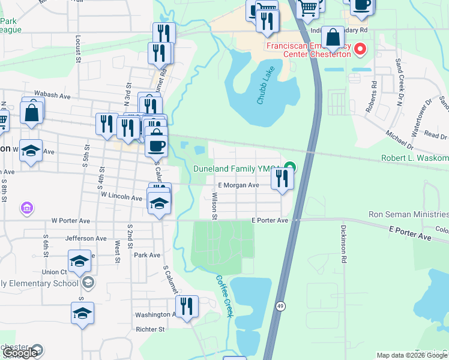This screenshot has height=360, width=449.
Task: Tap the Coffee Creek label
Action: click(224, 289)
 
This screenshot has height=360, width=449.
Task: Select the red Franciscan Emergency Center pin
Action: click(360, 49)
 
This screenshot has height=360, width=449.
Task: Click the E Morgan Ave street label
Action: click(238, 185)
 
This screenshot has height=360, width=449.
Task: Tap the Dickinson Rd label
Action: click(344, 236)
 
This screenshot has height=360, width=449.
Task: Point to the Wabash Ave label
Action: click(52, 95)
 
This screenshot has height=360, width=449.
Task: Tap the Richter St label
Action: click(150, 329)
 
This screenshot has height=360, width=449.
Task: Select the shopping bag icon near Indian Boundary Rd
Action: click(332, 37)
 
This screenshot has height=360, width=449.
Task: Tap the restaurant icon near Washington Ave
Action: click(187, 307)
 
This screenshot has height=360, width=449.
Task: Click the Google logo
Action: click(20, 353)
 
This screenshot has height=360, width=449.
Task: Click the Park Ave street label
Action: click(147, 255)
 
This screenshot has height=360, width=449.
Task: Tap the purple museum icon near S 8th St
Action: click(26, 209)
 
